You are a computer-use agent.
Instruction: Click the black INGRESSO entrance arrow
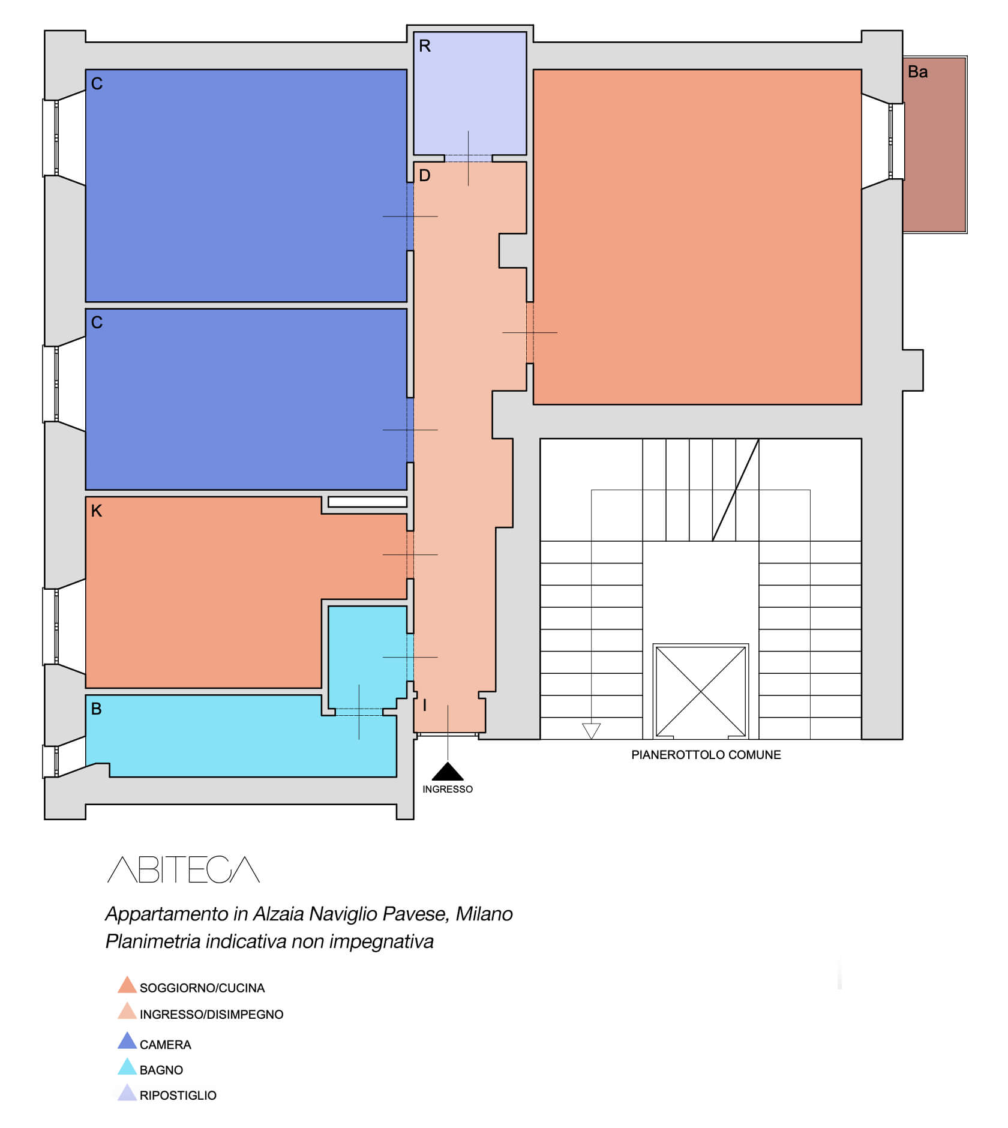click(x=448, y=772)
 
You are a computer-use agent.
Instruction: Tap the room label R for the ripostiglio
click(x=425, y=46)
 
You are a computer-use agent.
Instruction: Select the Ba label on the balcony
click(x=917, y=72)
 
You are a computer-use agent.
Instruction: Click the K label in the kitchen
click(x=97, y=511)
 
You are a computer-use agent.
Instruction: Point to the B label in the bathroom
click(x=96, y=709)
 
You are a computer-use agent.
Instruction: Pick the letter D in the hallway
click(x=425, y=176)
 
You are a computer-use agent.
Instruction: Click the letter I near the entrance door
click(x=425, y=706)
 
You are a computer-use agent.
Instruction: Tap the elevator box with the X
click(x=701, y=691)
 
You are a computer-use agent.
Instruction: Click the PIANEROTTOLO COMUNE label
click(x=706, y=755)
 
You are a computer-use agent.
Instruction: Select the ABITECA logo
click(x=184, y=869)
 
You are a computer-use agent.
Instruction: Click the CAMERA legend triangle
click(x=127, y=1041)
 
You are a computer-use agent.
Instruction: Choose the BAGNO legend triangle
click(x=127, y=1066)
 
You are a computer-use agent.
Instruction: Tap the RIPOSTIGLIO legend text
click(x=178, y=1096)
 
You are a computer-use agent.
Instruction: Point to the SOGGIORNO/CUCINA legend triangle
click(x=127, y=985)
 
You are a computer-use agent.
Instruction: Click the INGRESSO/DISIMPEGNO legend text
click(x=212, y=1015)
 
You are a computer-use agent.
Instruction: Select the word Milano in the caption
click(x=484, y=914)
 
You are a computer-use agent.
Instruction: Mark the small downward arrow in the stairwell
click(x=592, y=731)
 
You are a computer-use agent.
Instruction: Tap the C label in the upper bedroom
click(x=97, y=84)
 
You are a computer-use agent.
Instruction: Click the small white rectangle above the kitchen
click(x=368, y=502)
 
